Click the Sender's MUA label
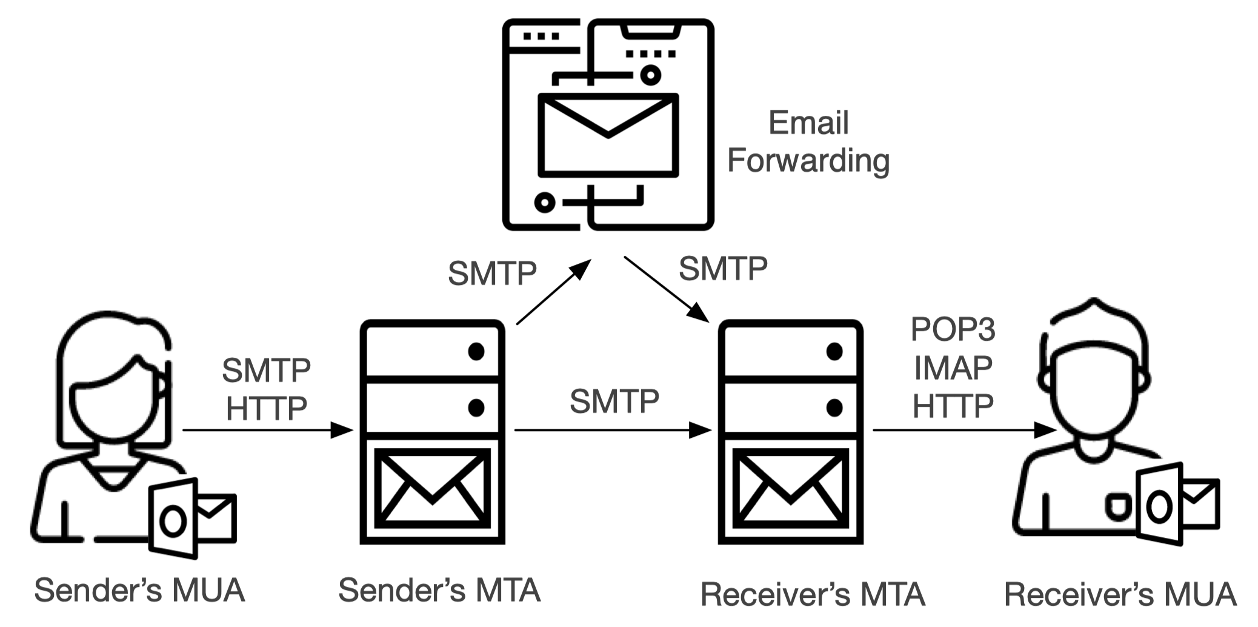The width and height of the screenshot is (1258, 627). [139, 590]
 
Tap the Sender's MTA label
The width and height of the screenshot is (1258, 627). [439, 590]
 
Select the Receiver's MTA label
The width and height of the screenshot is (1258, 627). [812, 594]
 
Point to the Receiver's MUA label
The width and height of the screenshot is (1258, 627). [1120, 594]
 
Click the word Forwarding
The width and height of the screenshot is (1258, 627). [808, 161]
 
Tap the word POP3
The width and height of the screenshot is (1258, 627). [953, 329]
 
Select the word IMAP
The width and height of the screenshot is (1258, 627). [953, 367]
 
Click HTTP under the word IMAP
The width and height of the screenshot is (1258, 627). [953, 406]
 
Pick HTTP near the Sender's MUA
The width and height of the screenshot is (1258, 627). [266, 408]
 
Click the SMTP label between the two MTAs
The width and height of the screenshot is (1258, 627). [614, 401]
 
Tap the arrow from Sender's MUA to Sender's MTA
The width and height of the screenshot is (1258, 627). [267, 431]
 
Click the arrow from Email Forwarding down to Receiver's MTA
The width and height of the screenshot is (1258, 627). [666, 289]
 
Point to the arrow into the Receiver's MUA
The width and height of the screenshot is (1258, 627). [963, 431]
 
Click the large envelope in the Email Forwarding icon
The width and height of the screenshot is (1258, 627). [608, 135]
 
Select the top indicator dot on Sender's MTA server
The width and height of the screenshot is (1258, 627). [476, 351]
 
